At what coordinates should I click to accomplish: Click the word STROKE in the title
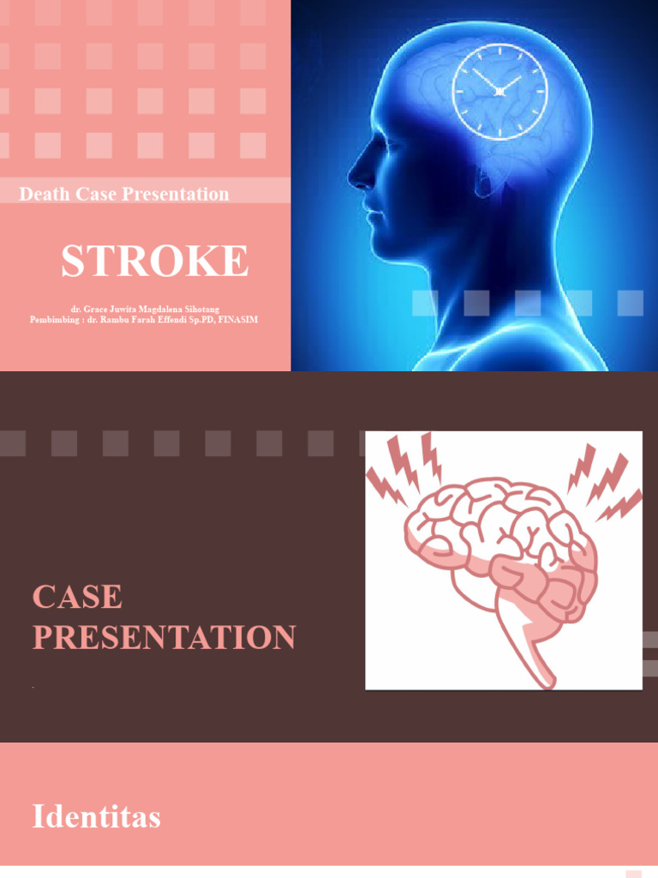coord(154,261)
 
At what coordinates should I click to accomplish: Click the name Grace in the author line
coord(97,309)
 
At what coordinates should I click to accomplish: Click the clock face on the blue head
coord(499,91)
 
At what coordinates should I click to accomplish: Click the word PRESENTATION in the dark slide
coord(164,638)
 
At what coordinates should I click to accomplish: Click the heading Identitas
coord(96,817)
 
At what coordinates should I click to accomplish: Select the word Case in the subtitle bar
coord(95,195)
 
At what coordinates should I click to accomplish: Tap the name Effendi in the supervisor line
coord(182,319)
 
